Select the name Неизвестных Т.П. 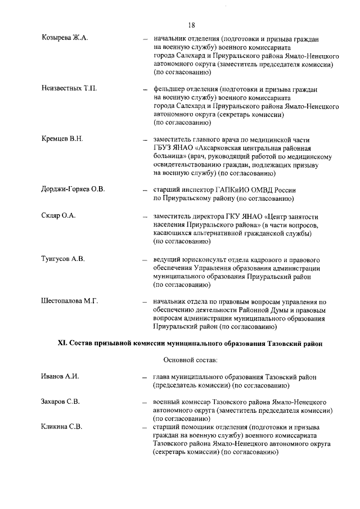(69, 89)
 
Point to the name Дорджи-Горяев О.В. (73, 189)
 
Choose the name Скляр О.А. (58, 216)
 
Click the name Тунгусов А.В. (63, 259)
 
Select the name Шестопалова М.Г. (70, 301)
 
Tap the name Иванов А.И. (60, 376)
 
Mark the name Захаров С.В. (61, 402)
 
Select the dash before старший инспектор (145, 190)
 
